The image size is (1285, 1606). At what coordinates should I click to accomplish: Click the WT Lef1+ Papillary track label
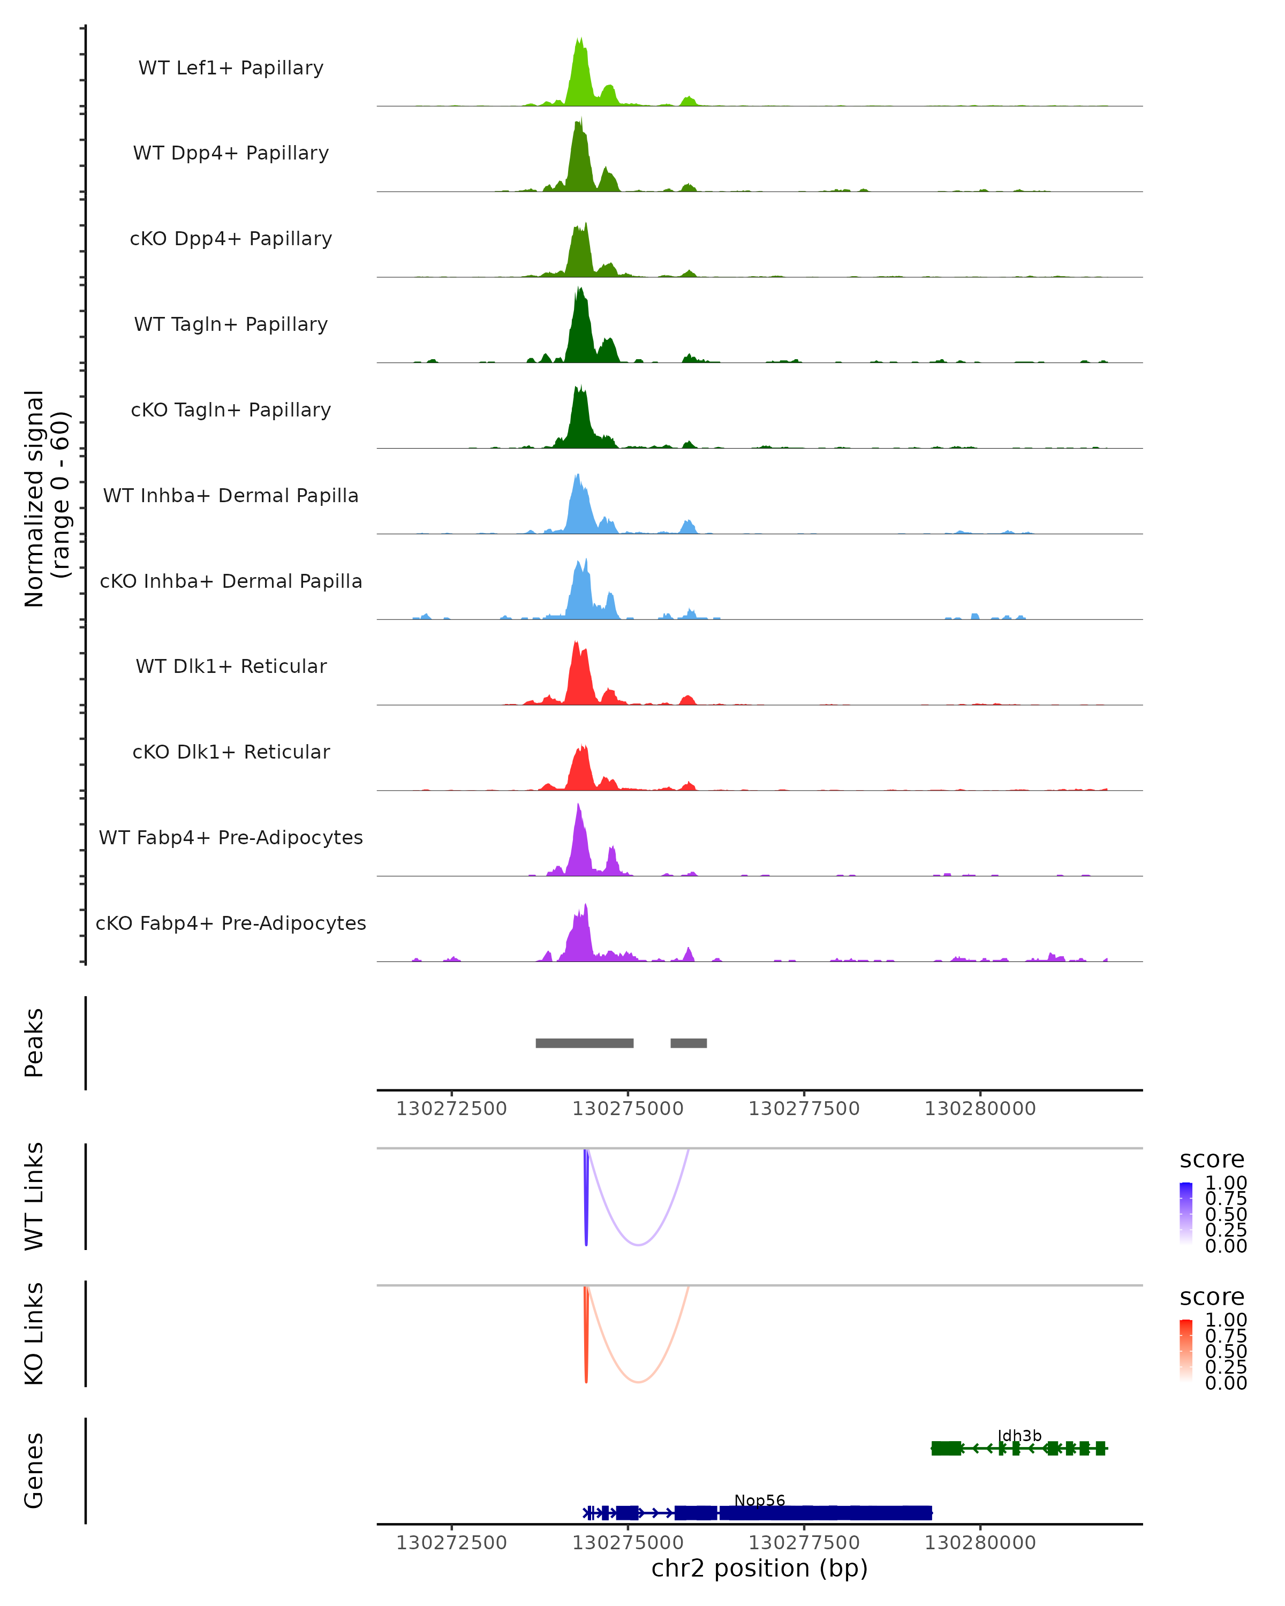click(231, 68)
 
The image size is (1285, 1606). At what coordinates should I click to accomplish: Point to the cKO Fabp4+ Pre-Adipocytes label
click(231, 923)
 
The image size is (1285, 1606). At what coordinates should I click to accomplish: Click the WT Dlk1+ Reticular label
click(231, 666)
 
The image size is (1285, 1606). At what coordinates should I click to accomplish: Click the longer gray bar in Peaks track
click(585, 1043)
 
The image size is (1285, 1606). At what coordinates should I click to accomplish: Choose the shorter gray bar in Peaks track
click(689, 1043)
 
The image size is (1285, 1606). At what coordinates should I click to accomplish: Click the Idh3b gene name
click(1019, 1436)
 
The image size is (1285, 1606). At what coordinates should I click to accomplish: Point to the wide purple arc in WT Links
click(638, 1245)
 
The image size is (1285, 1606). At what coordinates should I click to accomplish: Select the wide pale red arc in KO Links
click(638, 1382)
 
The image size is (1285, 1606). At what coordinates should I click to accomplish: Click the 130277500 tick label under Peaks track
click(804, 1109)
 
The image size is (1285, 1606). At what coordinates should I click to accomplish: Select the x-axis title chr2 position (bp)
click(759, 1568)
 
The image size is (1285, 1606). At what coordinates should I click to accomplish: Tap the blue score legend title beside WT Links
click(1211, 1160)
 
